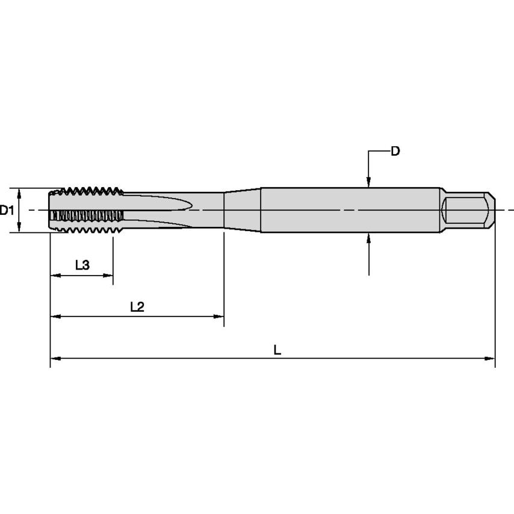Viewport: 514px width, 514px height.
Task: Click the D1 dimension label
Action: tap(7, 210)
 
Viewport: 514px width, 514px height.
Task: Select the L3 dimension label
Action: tap(82, 265)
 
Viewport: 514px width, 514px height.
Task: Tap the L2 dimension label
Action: tap(137, 306)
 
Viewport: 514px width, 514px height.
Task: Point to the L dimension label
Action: tap(277, 350)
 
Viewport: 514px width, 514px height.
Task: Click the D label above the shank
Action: tap(395, 151)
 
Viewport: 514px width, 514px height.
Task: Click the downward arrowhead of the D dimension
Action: tap(368, 182)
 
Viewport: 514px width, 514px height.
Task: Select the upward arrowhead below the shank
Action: tap(368, 238)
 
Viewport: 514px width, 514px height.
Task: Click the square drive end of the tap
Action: tap(467, 210)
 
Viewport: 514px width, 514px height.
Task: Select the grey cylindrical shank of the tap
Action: tap(349, 210)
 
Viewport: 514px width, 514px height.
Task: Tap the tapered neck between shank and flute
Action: tap(242, 210)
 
